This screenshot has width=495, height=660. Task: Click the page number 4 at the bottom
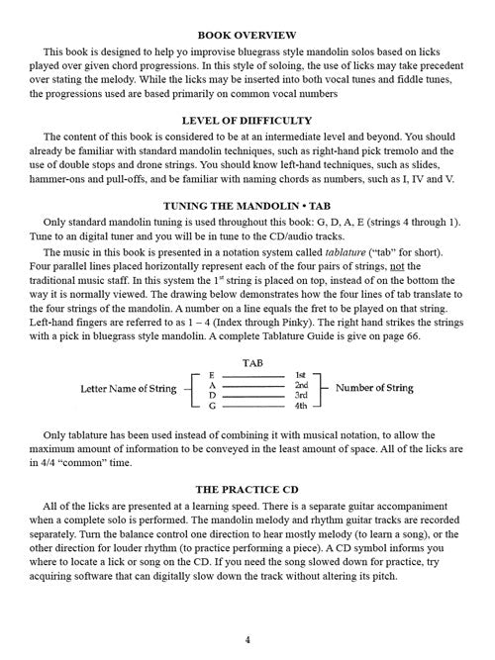[247, 639]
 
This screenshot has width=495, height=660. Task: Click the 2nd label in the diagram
[302, 386]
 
